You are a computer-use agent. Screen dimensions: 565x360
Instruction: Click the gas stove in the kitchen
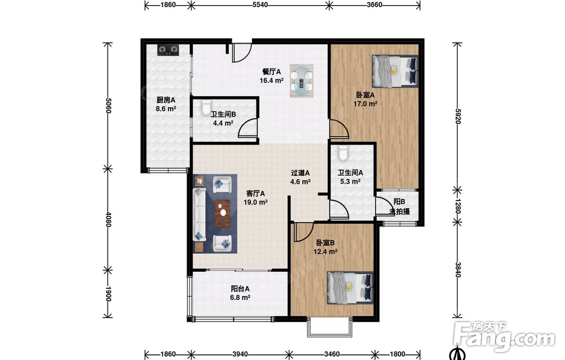click(168, 49)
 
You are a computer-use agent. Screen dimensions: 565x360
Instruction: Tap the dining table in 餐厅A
click(302, 80)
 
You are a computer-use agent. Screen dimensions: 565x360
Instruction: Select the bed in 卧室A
click(395, 71)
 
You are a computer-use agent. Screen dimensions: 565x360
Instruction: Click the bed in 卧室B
click(350, 288)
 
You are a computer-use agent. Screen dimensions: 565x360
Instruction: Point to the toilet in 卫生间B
click(206, 107)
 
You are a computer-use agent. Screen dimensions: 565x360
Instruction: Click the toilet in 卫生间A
click(343, 153)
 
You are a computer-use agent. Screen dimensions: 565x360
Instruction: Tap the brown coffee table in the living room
click(222, 213)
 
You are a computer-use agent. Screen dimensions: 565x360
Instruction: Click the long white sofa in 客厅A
click(199, 214)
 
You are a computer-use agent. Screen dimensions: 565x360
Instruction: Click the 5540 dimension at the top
click(260, 5)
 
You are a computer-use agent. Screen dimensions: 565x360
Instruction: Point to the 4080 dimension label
click(108, 219)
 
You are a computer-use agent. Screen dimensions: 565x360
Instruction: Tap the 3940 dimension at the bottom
click(240, 354)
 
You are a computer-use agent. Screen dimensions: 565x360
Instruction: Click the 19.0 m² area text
click(255, 202)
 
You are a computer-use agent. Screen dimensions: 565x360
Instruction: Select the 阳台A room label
click(240, 289)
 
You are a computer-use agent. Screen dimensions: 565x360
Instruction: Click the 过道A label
click(300, 173)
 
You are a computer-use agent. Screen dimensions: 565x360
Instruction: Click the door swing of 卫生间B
click(248, 128)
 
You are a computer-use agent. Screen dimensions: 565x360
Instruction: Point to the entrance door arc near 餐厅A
click(241, 53)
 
